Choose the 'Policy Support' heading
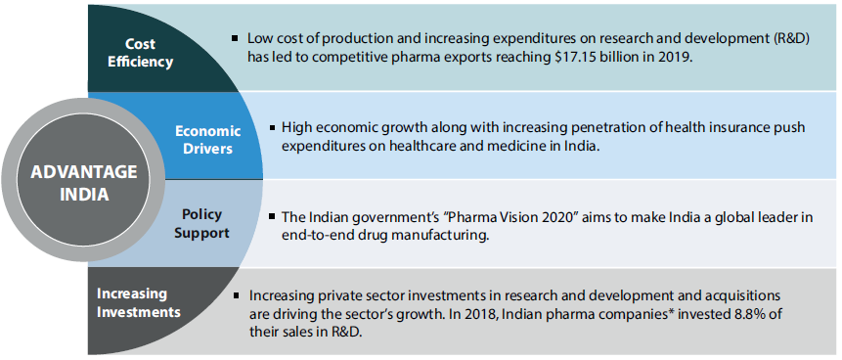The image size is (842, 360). pyautogui.click(x=202, y=222)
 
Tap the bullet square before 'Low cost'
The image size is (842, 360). pyautogui.click(x=235, y=37)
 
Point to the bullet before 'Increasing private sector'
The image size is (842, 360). pyautogui.click(x=237, y=293)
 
